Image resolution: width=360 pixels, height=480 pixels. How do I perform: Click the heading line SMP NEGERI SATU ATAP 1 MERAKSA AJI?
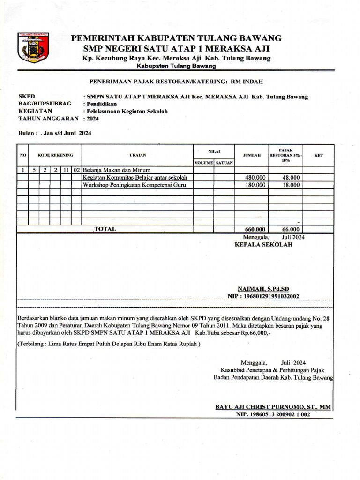pyautogui.click(x=176, y=49)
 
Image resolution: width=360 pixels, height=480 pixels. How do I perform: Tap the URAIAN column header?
pyautogui.click(x=138, y=155)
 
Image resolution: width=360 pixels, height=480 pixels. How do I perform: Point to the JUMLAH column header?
pyautogui.click(x=251, y=155)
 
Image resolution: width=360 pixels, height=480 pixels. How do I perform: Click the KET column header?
pyautogui.click(x=318, y=155)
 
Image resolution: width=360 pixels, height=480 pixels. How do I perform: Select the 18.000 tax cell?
pyautogui.click(x=291, y=185)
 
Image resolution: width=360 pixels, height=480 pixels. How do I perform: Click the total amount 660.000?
pyautogui.click(x=255, y=229)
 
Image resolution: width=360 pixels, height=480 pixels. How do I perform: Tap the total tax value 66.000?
pyautogui.click(x=291, y=229)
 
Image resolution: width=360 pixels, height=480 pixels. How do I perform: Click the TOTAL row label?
pyautogui.click(x=105, y=229)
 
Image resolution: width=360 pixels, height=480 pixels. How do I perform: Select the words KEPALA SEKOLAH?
pyautogui.click(x=263, y=245)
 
